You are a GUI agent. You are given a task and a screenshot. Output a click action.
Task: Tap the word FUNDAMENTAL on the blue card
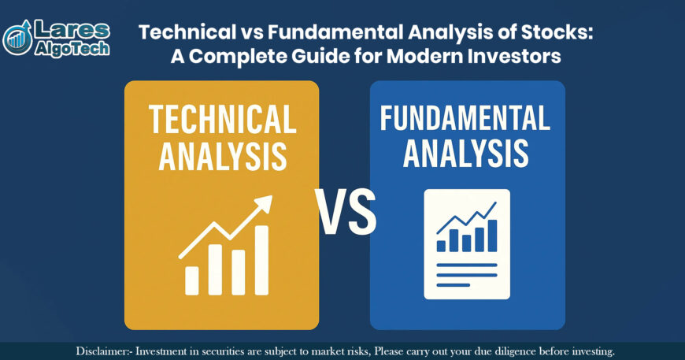465,117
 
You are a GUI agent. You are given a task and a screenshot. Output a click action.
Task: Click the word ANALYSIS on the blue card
465,153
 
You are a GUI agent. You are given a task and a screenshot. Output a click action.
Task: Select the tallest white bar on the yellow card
261,260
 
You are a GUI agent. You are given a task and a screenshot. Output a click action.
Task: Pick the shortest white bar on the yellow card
191,280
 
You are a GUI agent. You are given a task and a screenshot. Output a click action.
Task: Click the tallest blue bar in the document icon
492,236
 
